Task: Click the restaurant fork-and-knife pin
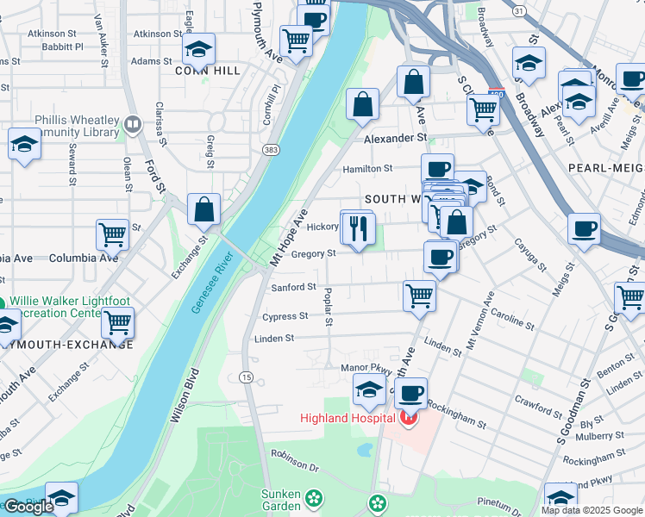tap(356, 227)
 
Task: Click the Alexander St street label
tap(395, 138)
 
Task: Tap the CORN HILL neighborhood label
tap(209, 71)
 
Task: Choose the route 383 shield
tap(271, 150)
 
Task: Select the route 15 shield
tap(247, 377)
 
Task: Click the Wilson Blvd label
tap(185, 396)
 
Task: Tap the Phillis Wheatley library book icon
tap(132, 125)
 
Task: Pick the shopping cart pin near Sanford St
tap(419, 295)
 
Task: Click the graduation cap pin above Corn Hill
tap(198, 49)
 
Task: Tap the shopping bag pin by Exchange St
tap(204, 209)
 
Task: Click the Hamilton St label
tap(368, 169)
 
